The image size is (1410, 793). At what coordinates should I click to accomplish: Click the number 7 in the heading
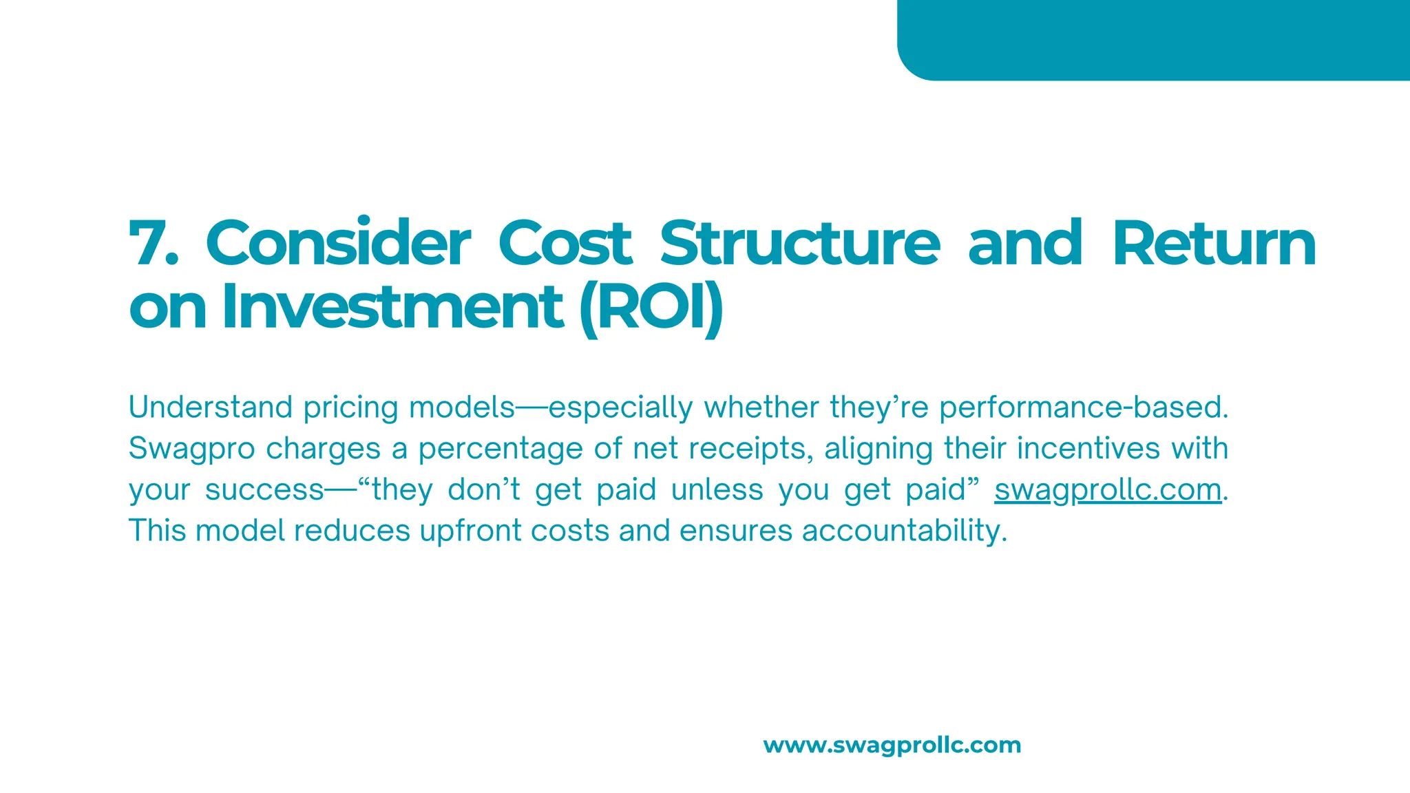pos(153,244)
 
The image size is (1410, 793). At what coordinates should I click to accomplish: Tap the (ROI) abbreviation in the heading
pos(651,308)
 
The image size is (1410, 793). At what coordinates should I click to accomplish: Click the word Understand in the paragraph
pos(210,408)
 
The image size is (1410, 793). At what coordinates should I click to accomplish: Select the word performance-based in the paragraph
pos(1083,408)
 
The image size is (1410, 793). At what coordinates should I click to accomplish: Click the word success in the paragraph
pos(264,490)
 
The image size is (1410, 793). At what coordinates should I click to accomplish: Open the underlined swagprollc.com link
pos(1108,490)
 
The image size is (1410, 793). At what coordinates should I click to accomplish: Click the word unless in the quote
pos(717,490)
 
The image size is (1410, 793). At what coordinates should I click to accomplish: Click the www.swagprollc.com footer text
pos(892,745)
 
